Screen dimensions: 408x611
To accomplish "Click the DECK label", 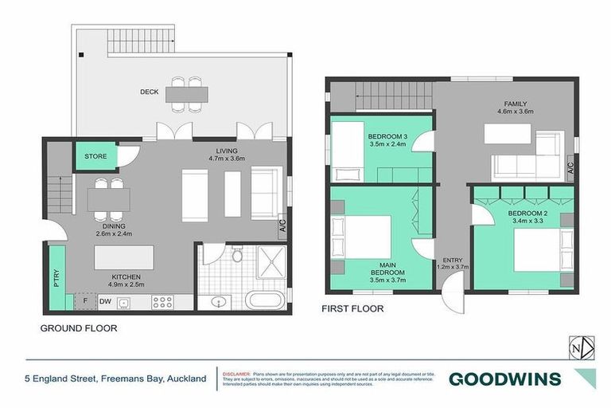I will point(149,92).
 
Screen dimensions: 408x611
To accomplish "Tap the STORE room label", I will point(95,157).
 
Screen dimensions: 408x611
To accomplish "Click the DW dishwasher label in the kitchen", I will point(105,301).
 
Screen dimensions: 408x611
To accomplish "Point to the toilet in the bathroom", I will point(236,256).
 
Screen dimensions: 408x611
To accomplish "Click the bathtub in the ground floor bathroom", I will point(259,300).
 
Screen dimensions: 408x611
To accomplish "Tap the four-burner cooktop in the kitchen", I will point(162,302).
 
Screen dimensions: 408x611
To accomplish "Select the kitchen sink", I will point(124,302).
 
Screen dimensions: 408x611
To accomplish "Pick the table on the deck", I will point(186,94).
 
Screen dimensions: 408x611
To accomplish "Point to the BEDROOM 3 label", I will point(387,136).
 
